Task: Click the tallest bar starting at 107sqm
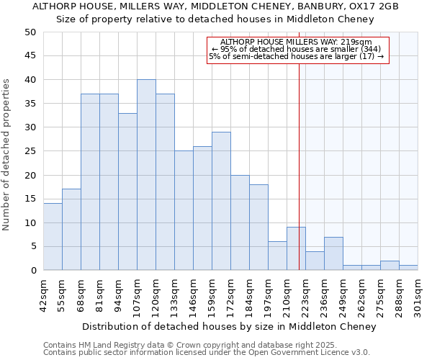pyautogui.click(x=146, y=175)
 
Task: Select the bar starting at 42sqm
pyautogui.click(x=53, y=237)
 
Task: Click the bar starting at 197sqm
pyautogui.click(x=277, y=256)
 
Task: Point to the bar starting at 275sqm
pyautogui.click(x=390, y=266)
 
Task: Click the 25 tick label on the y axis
pyautogui.click(x=30, y=151)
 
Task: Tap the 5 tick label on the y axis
pyautogui.click(x=32, y=247)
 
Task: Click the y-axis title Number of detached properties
pyautogui.click(x=7, y=151)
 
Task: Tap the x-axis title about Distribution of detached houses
pyautogui.click(x=229, y=327)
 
